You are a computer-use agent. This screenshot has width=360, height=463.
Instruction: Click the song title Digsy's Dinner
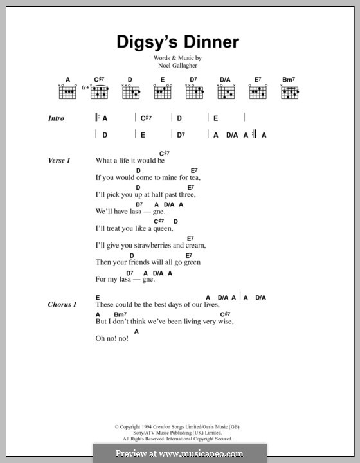178,42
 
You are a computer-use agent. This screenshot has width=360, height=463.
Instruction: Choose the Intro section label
56,118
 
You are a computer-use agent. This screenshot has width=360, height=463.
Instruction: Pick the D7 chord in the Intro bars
182,135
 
